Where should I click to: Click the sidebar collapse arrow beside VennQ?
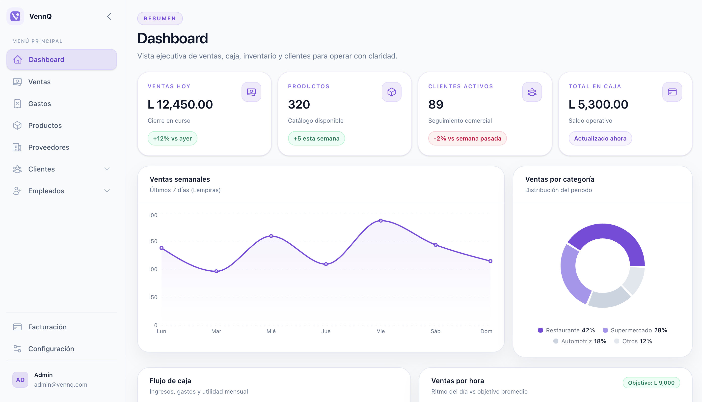click(x=109, y=16)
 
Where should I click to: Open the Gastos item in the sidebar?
click(x=39, y=104)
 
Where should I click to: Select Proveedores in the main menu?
click(x=49, y=147)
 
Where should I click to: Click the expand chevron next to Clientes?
click(x=107, y=169)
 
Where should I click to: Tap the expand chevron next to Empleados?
click(x=107, y=191)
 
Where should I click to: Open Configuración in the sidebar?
click(x=51, y=349)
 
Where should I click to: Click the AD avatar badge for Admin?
click(x=20, y=380)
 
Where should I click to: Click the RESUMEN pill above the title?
click(x=160, y=19)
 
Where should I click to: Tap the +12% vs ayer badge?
click(x=172, y=138)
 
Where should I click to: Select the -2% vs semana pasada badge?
click(x=467, y=138)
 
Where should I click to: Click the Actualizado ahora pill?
click(x=600, y=138)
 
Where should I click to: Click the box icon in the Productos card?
click(x=391, y=92)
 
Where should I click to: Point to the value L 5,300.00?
click(x=598, y=104)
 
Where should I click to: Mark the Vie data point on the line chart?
click(x=380, y=221)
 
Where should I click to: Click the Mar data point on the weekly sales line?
click(x=216, y=271)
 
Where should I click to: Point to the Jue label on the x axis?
click(x=326, y=331)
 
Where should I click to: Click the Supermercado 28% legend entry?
click(x=635, y=330)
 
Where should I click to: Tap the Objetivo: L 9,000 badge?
click(x=651, y=383)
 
